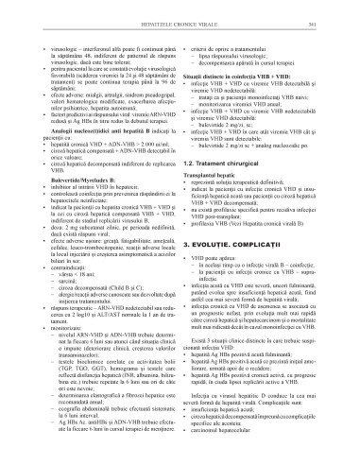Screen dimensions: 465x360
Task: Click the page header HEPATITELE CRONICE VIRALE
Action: (x=180, y=9)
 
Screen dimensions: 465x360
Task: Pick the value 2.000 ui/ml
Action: (x=150, y=123)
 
